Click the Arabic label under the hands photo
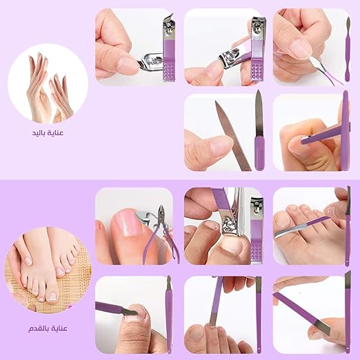pyautogui.click(x=48, y=133)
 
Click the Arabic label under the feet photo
pyautogui.click(x=48, y=328)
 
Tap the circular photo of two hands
pyautogui.click(x=48, y=83)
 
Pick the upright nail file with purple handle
pyautogui.click(x=259, y=130)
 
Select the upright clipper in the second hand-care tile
pyautogui.click(x=258, y=49)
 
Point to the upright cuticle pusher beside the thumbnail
pyautogui.click(x=348, y=49)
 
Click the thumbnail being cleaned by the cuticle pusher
pyautogui.click(x=299, y=50)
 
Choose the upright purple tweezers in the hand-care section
pyautogui.click(x=345, y=130)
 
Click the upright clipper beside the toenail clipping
pyautogui.click(x=257, y=230)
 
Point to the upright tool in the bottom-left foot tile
pyautogui.click(x=169, y=314)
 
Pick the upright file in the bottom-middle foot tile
pyautogui.click(x=259, y=314)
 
